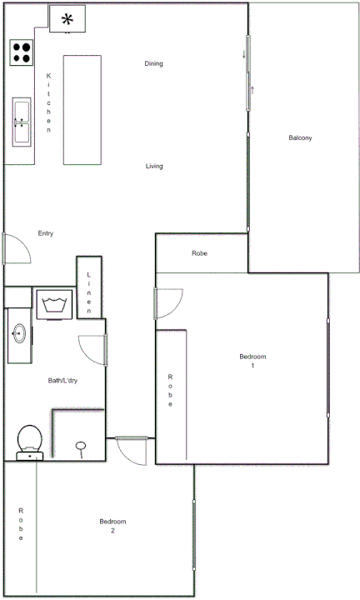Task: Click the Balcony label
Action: pos(300,138)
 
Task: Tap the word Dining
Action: pos(153,63)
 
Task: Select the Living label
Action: pos(154,167)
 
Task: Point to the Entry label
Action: pos(46,233)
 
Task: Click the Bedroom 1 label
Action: pos(252,361)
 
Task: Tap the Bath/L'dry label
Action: pos(62,381)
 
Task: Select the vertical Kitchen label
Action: pos(48,103)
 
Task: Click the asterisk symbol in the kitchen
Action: pos(67,18)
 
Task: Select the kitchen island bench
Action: pos(82,110)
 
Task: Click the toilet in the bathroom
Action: pos(30,442)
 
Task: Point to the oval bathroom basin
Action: pos(17,334)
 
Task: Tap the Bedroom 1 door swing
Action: pos(170,302)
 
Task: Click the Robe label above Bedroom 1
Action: pos(199,253)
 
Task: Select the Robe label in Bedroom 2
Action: pos(21,525)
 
